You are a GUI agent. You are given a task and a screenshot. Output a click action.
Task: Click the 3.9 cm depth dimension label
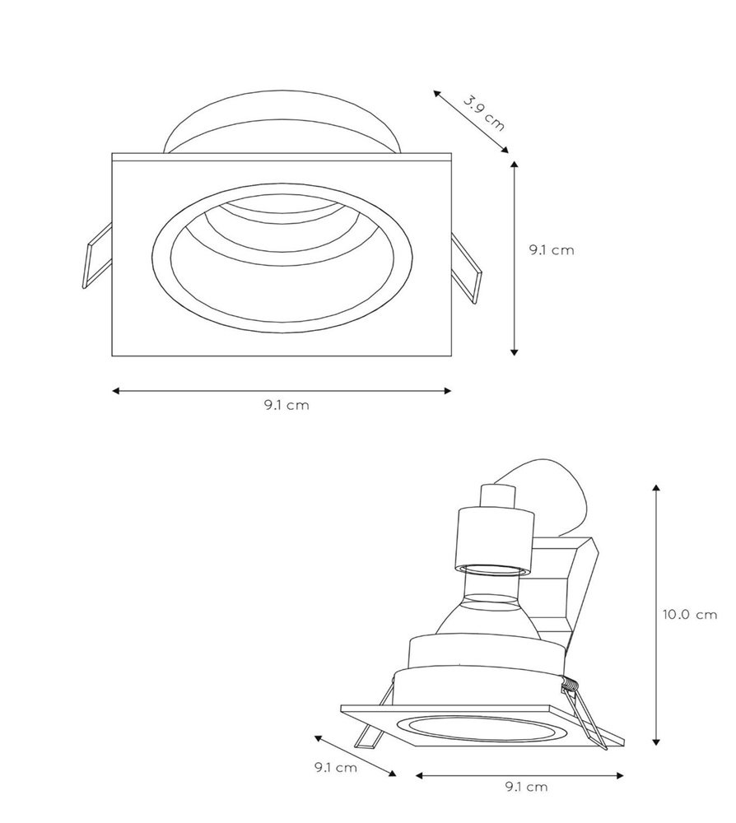483,112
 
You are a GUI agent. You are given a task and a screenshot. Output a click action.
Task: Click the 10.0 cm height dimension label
689,614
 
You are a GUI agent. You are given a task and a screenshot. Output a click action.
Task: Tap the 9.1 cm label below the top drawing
286,405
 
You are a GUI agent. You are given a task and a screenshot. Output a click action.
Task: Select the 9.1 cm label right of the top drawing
552,250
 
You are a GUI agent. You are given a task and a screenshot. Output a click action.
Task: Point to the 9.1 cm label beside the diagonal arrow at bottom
335,767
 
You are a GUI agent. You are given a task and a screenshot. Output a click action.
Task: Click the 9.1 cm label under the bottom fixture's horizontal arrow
526,786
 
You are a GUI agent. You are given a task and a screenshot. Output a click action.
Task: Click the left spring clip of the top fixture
98,256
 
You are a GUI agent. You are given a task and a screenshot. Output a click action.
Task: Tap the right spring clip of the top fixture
466,268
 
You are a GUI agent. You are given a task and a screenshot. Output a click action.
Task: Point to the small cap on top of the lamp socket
497,496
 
